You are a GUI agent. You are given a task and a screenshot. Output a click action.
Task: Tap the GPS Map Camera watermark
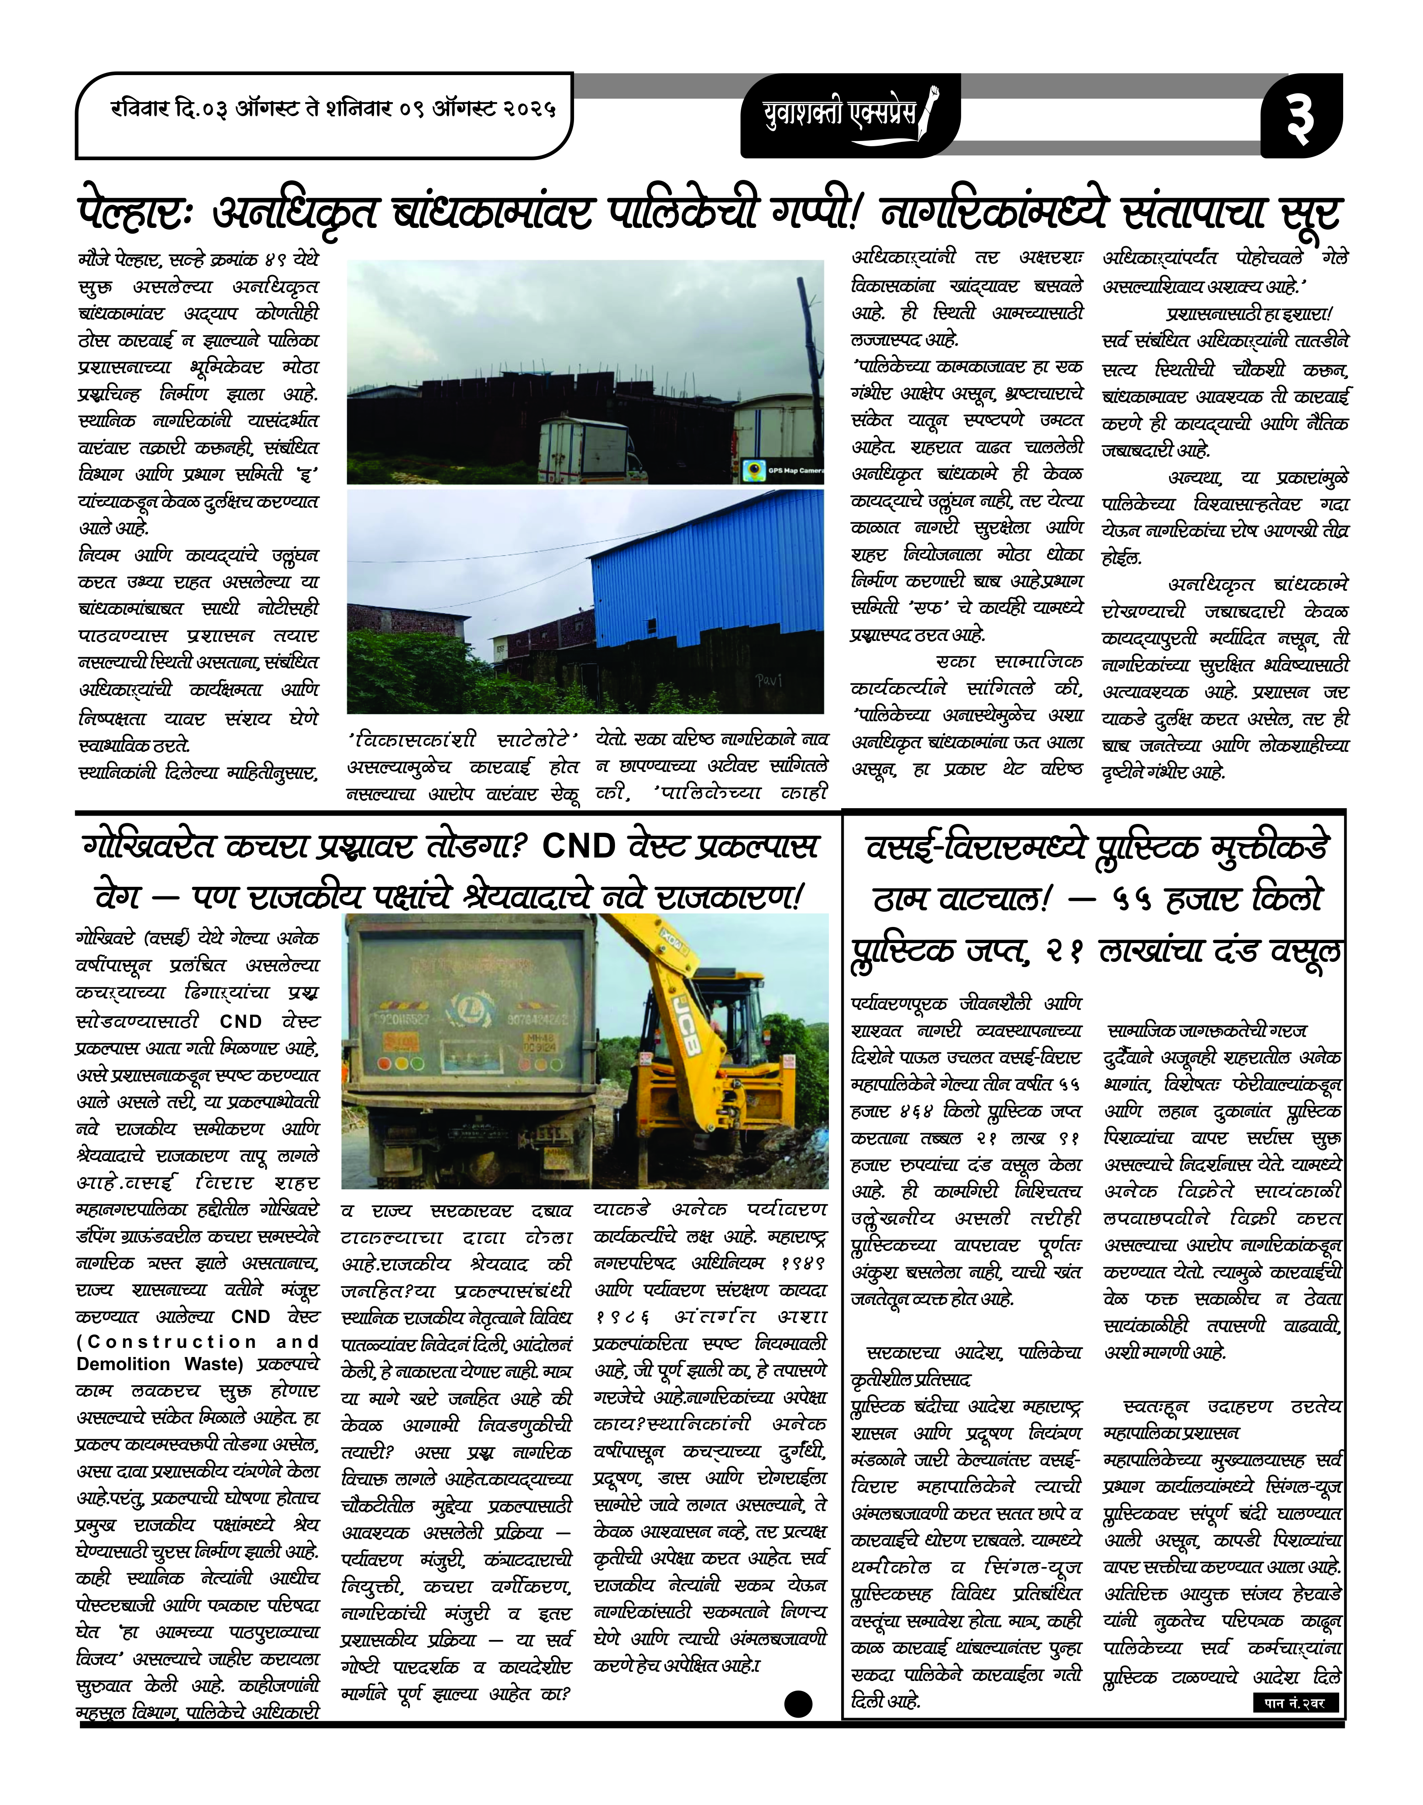point(783,471)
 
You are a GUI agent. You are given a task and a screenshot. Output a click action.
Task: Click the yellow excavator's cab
point(750,1008)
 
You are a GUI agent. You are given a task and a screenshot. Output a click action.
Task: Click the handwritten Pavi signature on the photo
point(770,681)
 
